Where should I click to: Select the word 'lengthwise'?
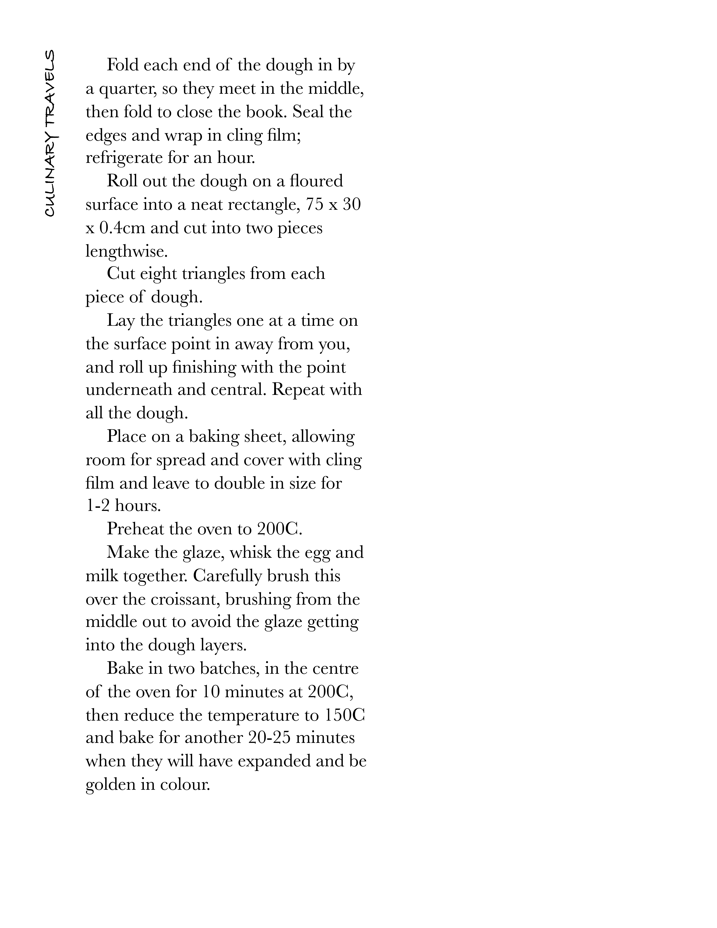(126, 252)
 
